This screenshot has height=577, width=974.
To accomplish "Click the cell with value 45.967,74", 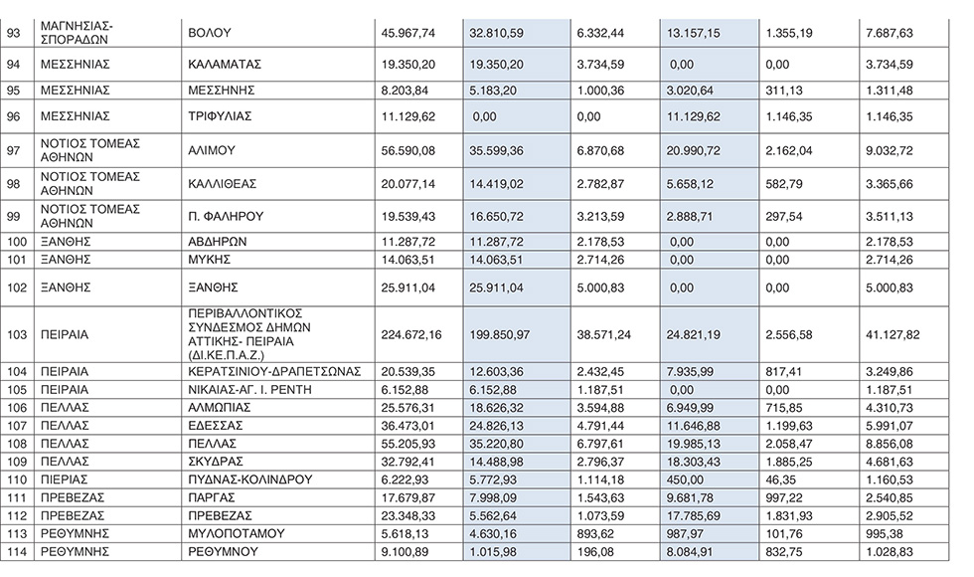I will (x=408, y=33).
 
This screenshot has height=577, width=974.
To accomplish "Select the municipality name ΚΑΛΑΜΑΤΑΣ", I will (x=225, y=64).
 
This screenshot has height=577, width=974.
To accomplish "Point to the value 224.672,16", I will (x=412, y=334).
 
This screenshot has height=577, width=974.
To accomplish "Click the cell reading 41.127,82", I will (x=891, y=334).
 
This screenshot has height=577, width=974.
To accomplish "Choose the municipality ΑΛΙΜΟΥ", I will (x=210, y=150).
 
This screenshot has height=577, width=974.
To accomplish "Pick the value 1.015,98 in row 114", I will (x=495, y=551).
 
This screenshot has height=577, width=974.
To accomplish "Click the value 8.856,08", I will (x=887, y=444).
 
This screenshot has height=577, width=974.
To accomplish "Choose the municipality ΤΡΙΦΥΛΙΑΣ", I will (x=220, y=116).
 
